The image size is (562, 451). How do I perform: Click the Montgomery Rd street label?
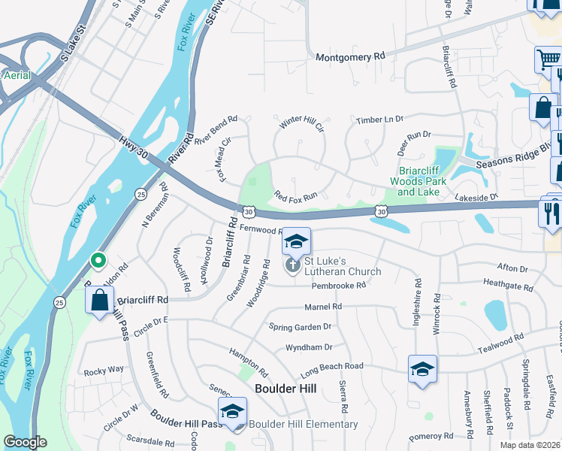tap(350, 57)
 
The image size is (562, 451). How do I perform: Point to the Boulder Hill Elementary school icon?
tap(232, 412)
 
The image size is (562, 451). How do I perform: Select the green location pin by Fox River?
tap(98, 261)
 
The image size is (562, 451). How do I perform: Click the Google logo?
tap(25, 442)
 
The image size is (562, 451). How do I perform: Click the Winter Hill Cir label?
tap(301, 124)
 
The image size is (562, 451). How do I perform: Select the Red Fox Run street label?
tap(296, 195)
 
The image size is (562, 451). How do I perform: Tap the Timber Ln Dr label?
tap(379, 120)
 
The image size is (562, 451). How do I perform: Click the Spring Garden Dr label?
tap(301, 327)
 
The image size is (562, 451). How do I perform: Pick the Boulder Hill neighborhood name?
tap(286, 388)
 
